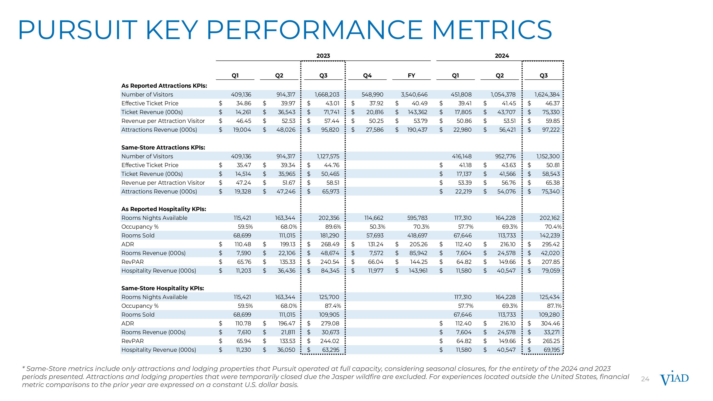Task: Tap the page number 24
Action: (645, 379)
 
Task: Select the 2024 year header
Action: (501, 56)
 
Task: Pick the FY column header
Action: (411, 76)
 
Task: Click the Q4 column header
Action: (367, 76)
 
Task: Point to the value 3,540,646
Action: (414, 95)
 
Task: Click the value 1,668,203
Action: (327, 95)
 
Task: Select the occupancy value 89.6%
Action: (333, 227)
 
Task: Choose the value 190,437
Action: (417, 130)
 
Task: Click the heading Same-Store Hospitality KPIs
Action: (163, 288)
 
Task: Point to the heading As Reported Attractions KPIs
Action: (164, 86)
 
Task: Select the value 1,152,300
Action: (548, 156)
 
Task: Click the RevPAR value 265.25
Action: (551, 341)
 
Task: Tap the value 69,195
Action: (552, 350)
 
